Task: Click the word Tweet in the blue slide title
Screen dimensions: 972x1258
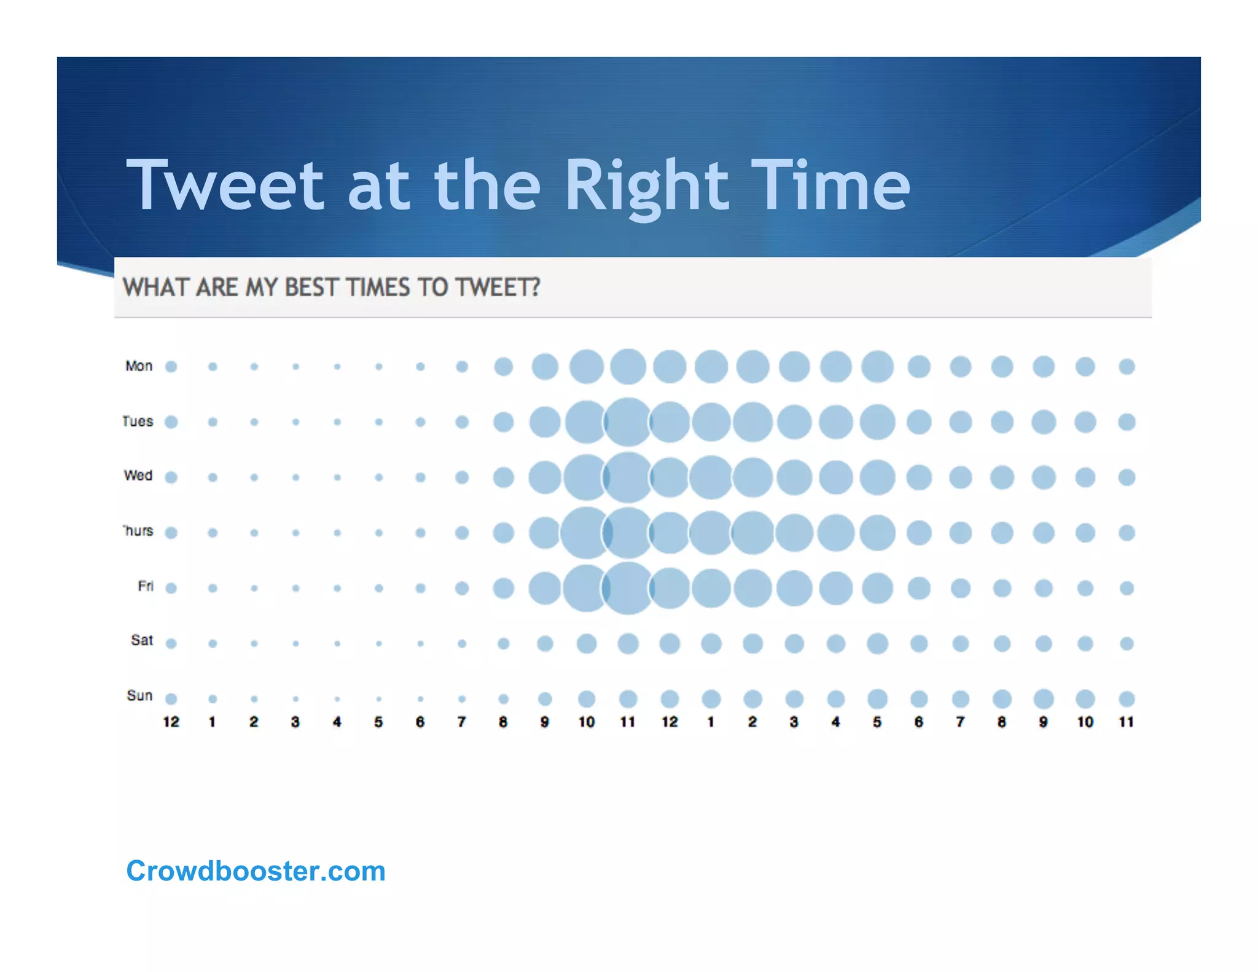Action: pos(225,184)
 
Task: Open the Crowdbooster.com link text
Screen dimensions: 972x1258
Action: pos(256,871)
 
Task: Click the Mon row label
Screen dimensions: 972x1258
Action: pos(139,366)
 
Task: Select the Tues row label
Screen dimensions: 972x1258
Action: pos(138,421)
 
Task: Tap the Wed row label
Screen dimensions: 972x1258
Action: pos(138,476)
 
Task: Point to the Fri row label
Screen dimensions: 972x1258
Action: pos(146,586)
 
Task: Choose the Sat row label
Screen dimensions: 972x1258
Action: pos(142,640)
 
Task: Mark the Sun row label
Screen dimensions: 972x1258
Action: pos(139,696)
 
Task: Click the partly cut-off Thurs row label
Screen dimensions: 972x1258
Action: pos(138,531)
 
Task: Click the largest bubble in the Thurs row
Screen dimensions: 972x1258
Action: pos(585,533)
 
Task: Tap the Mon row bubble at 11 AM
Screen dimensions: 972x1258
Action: pos(628,367)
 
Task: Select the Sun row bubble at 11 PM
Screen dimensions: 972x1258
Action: pos(1127,699)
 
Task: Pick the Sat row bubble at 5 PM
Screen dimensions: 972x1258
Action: pos(877,643)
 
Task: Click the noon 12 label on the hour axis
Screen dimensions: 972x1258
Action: pos(670,722)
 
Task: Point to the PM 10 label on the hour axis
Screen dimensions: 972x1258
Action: pos(1085,722)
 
